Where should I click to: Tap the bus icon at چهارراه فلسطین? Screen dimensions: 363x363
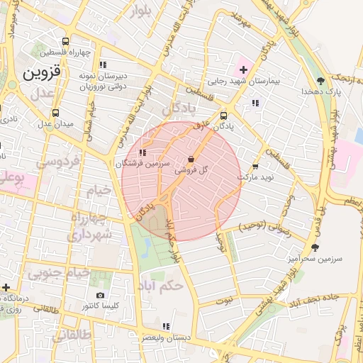click(x=66, y=41)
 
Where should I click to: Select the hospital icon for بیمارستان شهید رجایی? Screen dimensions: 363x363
click(x=244, y=69)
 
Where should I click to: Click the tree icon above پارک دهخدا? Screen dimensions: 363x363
click(x=320, y=80)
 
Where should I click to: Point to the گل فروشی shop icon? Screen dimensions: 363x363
click(x=191, y=159)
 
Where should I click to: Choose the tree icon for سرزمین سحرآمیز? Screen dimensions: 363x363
click(x=314, y=247)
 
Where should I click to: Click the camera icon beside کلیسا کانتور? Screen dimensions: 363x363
click(x=100, y=295)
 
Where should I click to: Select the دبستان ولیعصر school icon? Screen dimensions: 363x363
click(x=165, y=326)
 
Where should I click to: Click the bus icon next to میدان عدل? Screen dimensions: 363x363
click(x=56, y=113)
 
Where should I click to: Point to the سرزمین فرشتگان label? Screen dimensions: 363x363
click(x=143, y=163)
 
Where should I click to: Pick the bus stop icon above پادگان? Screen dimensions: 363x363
click(x=224, y=116)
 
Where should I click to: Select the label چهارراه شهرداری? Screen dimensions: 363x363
click(x=91, y=225)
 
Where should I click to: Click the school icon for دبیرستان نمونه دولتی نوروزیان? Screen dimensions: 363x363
click(x=103, y=65)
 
